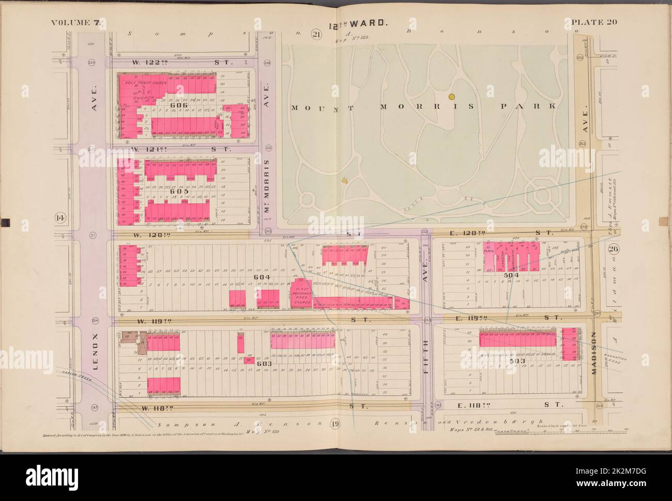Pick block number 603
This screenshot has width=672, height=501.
(264, 363)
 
